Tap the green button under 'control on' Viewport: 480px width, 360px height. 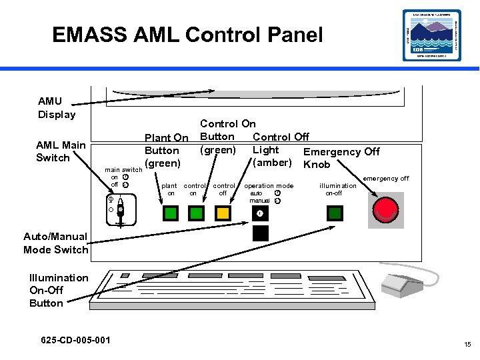point(196,213)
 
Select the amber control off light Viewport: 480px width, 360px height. point(223,213)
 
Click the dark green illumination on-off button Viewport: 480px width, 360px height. point(335,213)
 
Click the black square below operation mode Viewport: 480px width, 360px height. point(260,233)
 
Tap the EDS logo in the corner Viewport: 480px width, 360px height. point(431,35)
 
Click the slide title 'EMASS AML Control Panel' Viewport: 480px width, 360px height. point(187,35)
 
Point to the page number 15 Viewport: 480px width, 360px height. point(467,345)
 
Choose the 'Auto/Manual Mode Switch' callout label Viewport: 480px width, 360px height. point(55,243)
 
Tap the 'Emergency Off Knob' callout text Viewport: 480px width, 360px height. point(341,158)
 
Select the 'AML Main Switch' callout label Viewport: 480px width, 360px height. point(61,151)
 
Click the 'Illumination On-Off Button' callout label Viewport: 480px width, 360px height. point(58,290)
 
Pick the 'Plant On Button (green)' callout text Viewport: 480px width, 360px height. point(165,150)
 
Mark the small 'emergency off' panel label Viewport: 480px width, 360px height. point(386,178)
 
